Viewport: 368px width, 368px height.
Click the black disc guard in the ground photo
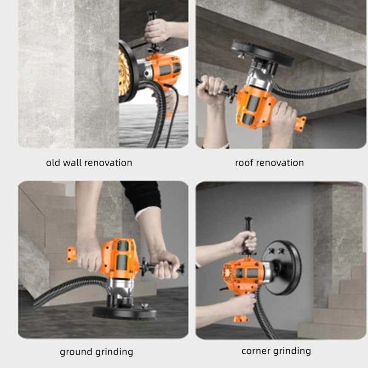point(124,312)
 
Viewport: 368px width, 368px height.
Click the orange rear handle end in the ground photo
point(71,253)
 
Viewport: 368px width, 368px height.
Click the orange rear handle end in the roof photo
point(300,123)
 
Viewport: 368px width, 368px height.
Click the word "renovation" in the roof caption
point(281,162)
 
